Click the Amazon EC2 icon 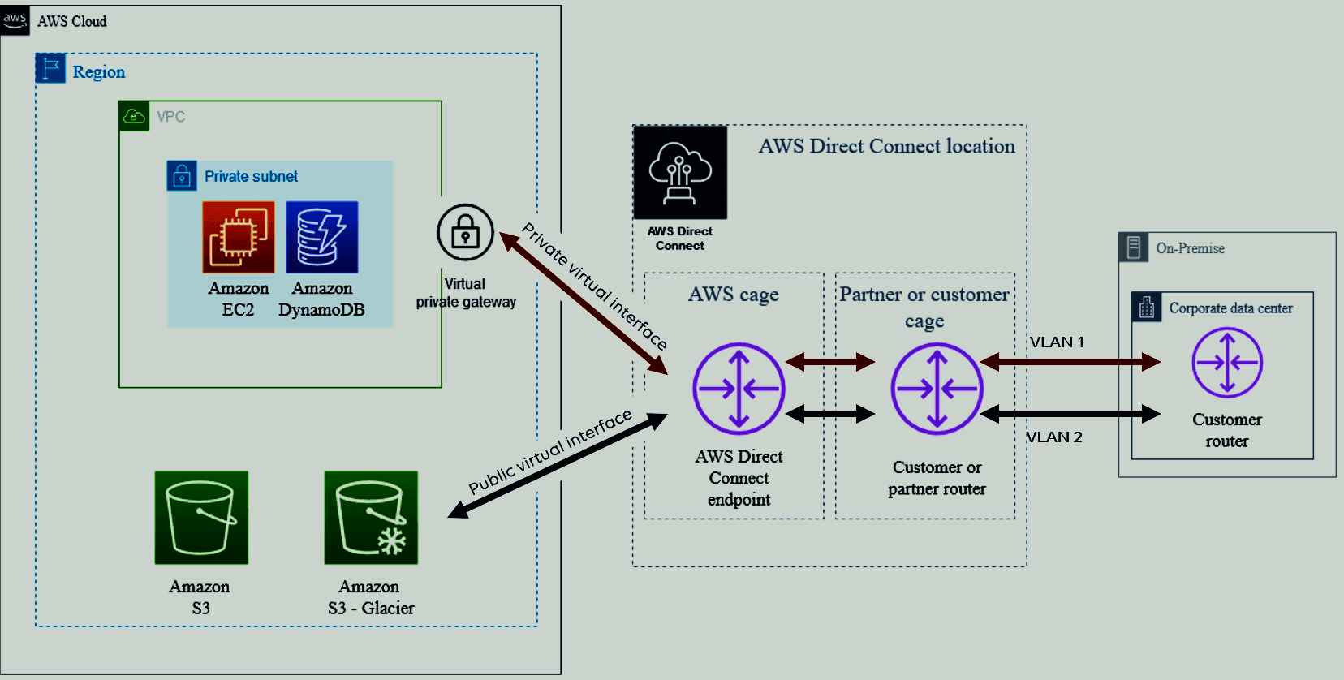pyautogui.click(x=238, y=237)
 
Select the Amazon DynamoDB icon pyautogui.click(x=322, y=237)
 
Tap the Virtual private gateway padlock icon pyautogui.click(x=465, y=232)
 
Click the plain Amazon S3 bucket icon pyautogui.click(x=201, y=518)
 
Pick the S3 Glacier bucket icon pyautogui.click(x=371, y=518)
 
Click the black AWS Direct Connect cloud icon pyautogui.click(x=680, y=173)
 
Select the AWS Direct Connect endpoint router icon pyautogui.click(x=739, y=389)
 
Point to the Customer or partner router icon pyautogui.click(x=937, y=389)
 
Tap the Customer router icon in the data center pyautogui.click(x=1227, y=362)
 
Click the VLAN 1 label pyautogui.click(x=1058, y=342)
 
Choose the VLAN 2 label pyautogui.click(x=1055, y=437)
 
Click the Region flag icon pyautogui.click(x=50, y=68)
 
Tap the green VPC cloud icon pyautogui.click(x=134, y=116)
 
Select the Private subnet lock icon pyautogui.click(x=182, y=176)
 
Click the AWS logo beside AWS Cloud pyautogui.click(x=15, y=20)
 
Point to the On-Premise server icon pyautogui.click(x=1134, y=247)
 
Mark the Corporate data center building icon pyautogui.click(x=1147, y=307)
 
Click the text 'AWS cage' pyautogui.click(x=733, y=295)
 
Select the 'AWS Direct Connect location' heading pyautogui.click(x=887, y=146)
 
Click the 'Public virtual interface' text pyautogui.click(x=549, y=451)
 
